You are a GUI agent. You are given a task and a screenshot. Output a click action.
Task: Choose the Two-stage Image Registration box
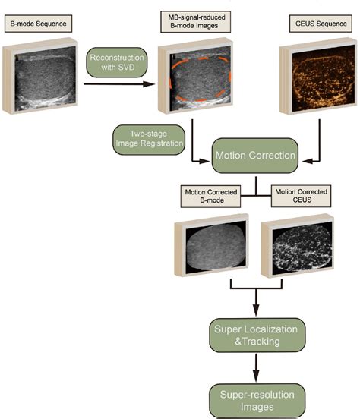(x=149, y=139)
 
